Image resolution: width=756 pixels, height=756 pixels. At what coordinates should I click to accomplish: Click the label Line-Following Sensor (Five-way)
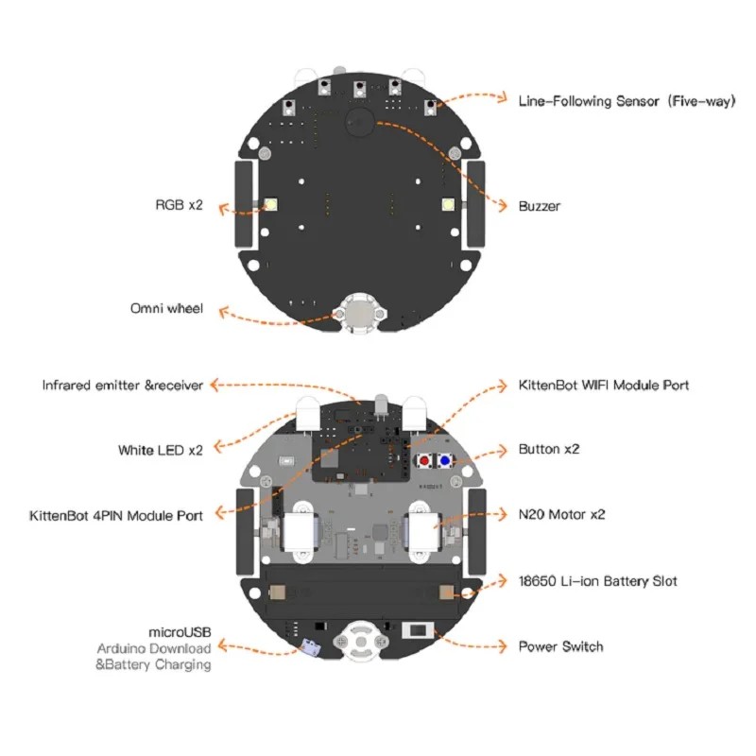pyautogui.click(x=626, y=99)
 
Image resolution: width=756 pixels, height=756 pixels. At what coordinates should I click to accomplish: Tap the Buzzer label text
pyautogui.click(x=540, y=205)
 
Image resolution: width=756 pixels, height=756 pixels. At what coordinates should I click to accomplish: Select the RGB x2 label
pyautogui.click(x=180, y=205)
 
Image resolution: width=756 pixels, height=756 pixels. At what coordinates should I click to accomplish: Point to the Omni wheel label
pyautogui.click(x=166, y=308)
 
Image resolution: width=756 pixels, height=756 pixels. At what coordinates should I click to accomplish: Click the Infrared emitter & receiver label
pyautogui.click(x=123, y=386)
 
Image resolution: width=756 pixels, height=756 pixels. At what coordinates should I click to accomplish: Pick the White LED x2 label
pyautogui.click(x=161, y=450)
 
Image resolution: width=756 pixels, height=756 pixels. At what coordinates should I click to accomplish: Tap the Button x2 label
pyautogui.click(x=549, y=449)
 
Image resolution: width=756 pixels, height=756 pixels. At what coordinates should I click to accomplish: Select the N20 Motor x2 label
pyautogui.click(x=562, y=515)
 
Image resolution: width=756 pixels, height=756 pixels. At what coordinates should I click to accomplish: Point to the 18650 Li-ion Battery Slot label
pyautogui.click(x=597, y=581)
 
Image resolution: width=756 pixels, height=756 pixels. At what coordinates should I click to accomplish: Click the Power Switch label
pyautogui.click(x=560, y=646)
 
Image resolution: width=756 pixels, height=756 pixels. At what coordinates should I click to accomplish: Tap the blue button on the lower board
pyautogui.click(x=442, y=461)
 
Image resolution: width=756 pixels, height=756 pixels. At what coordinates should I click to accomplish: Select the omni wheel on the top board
pyautogui.click(x=358, y=313)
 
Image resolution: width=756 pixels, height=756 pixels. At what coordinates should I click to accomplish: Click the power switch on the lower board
pyautogui.click(x=416, y=631)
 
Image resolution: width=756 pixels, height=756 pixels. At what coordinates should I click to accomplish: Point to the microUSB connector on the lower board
pyautogui.click(x=308, y=648)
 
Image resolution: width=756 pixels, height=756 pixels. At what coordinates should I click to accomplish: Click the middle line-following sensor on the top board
pyautogui.click(x=359, y=89)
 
